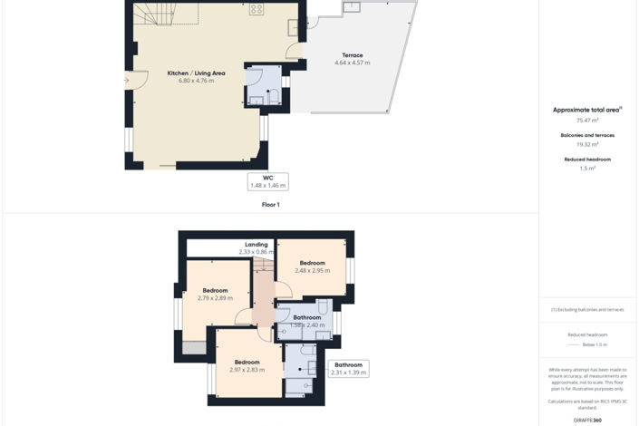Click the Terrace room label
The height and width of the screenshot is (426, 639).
coord(352,55)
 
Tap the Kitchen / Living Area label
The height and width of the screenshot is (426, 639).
coord(196,73)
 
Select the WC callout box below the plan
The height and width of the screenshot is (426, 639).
coord(268,181)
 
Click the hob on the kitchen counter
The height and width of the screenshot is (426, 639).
coord(257,9)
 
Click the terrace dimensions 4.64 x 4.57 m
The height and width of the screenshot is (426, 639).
coord(352,63)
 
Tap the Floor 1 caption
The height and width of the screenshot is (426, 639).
coord(269,205)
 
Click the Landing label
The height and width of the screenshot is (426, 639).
coord(257,244)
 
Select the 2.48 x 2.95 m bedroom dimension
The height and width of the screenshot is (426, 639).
coord(312,270)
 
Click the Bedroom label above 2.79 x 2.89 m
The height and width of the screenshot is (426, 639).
coord(215,290)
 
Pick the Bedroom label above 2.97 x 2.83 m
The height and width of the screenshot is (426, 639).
coord(247,362)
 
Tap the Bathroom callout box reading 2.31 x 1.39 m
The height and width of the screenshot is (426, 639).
coord(349,369)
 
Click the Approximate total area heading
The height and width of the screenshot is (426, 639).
coord(587,110)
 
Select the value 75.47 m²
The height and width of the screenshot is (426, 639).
coord(587,120)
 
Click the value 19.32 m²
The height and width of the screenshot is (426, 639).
coord(587,144)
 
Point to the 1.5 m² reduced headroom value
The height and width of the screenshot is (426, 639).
coord(587,169)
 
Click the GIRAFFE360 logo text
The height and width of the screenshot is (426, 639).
coord(587,420)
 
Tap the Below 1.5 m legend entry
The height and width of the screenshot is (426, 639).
coord(595,344)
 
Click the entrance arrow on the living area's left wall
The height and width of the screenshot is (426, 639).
coord(128,81)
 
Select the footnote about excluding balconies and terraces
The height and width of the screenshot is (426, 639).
coord(587,309)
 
